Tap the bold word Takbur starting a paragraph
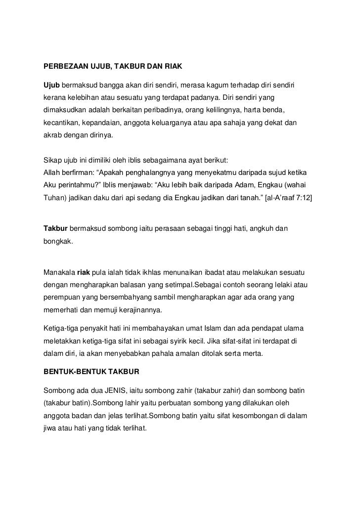(55, 229)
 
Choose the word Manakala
(59, 273)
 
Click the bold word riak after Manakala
(84, 273)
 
